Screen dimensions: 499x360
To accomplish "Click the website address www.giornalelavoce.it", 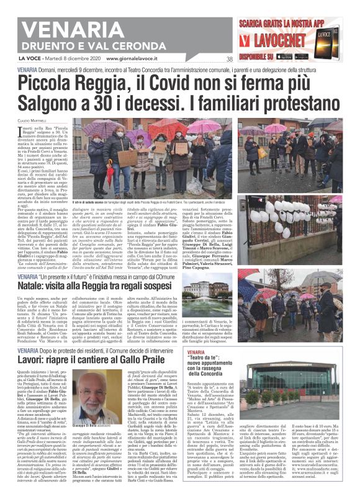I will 135,59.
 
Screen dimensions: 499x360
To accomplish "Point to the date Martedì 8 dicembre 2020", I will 68,59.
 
